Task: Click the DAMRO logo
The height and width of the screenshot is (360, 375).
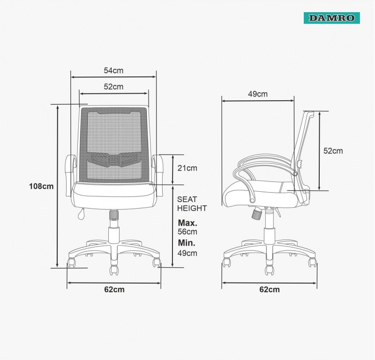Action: pos(332,18)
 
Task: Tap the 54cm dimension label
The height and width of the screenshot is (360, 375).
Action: pos(113,71)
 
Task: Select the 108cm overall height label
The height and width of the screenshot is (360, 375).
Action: pos(41,186)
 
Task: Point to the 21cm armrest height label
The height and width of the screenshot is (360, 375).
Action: pos(187,168)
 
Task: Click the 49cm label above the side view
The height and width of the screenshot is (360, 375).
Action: pos(257,94)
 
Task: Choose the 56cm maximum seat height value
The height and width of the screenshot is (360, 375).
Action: pos(187,232)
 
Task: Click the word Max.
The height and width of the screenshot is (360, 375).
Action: pos(187,223)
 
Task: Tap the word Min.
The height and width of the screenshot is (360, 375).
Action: pos(187,243)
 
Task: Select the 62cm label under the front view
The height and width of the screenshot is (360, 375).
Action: pos(114,289)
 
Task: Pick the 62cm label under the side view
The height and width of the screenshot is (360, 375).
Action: pos(270,289)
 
